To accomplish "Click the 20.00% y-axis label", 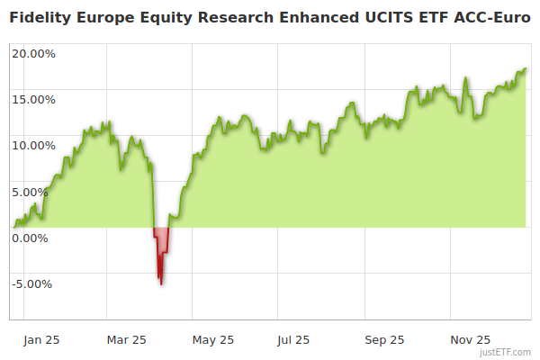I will [32, 53].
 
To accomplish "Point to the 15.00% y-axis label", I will [32, 99].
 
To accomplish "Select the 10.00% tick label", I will [32, 145].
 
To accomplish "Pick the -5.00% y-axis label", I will [33, 284].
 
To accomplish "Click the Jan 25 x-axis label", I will [42, 340].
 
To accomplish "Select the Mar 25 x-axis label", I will [126, 340].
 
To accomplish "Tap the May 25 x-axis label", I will [213, 340].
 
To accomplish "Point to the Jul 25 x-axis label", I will [293, 340].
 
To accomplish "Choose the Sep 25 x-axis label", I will [385, 340].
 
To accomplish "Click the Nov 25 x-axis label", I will [470, 340].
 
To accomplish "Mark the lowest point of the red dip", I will [161, 284].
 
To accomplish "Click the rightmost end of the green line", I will [526, 69].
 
